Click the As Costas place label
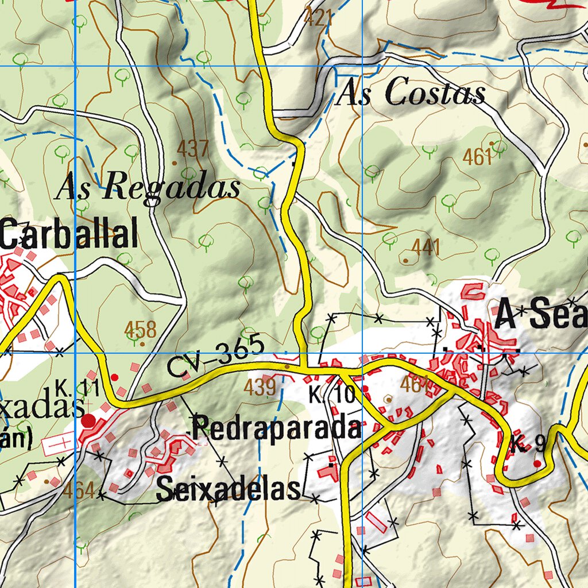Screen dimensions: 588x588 point(410,93)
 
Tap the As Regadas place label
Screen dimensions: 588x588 point(148,187)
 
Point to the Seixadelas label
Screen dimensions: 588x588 point(229,489)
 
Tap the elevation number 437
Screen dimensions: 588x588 point(192,149)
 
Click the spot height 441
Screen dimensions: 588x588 point(426,248)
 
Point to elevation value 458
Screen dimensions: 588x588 point(141,330)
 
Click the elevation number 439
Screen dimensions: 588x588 point(260,387)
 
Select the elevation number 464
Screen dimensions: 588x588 point(79,491)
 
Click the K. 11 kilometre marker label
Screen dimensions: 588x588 point(73,388)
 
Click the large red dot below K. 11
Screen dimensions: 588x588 point(89,421)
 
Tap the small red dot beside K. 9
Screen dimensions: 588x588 point(537,463)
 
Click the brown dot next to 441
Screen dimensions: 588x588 point(406,260)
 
